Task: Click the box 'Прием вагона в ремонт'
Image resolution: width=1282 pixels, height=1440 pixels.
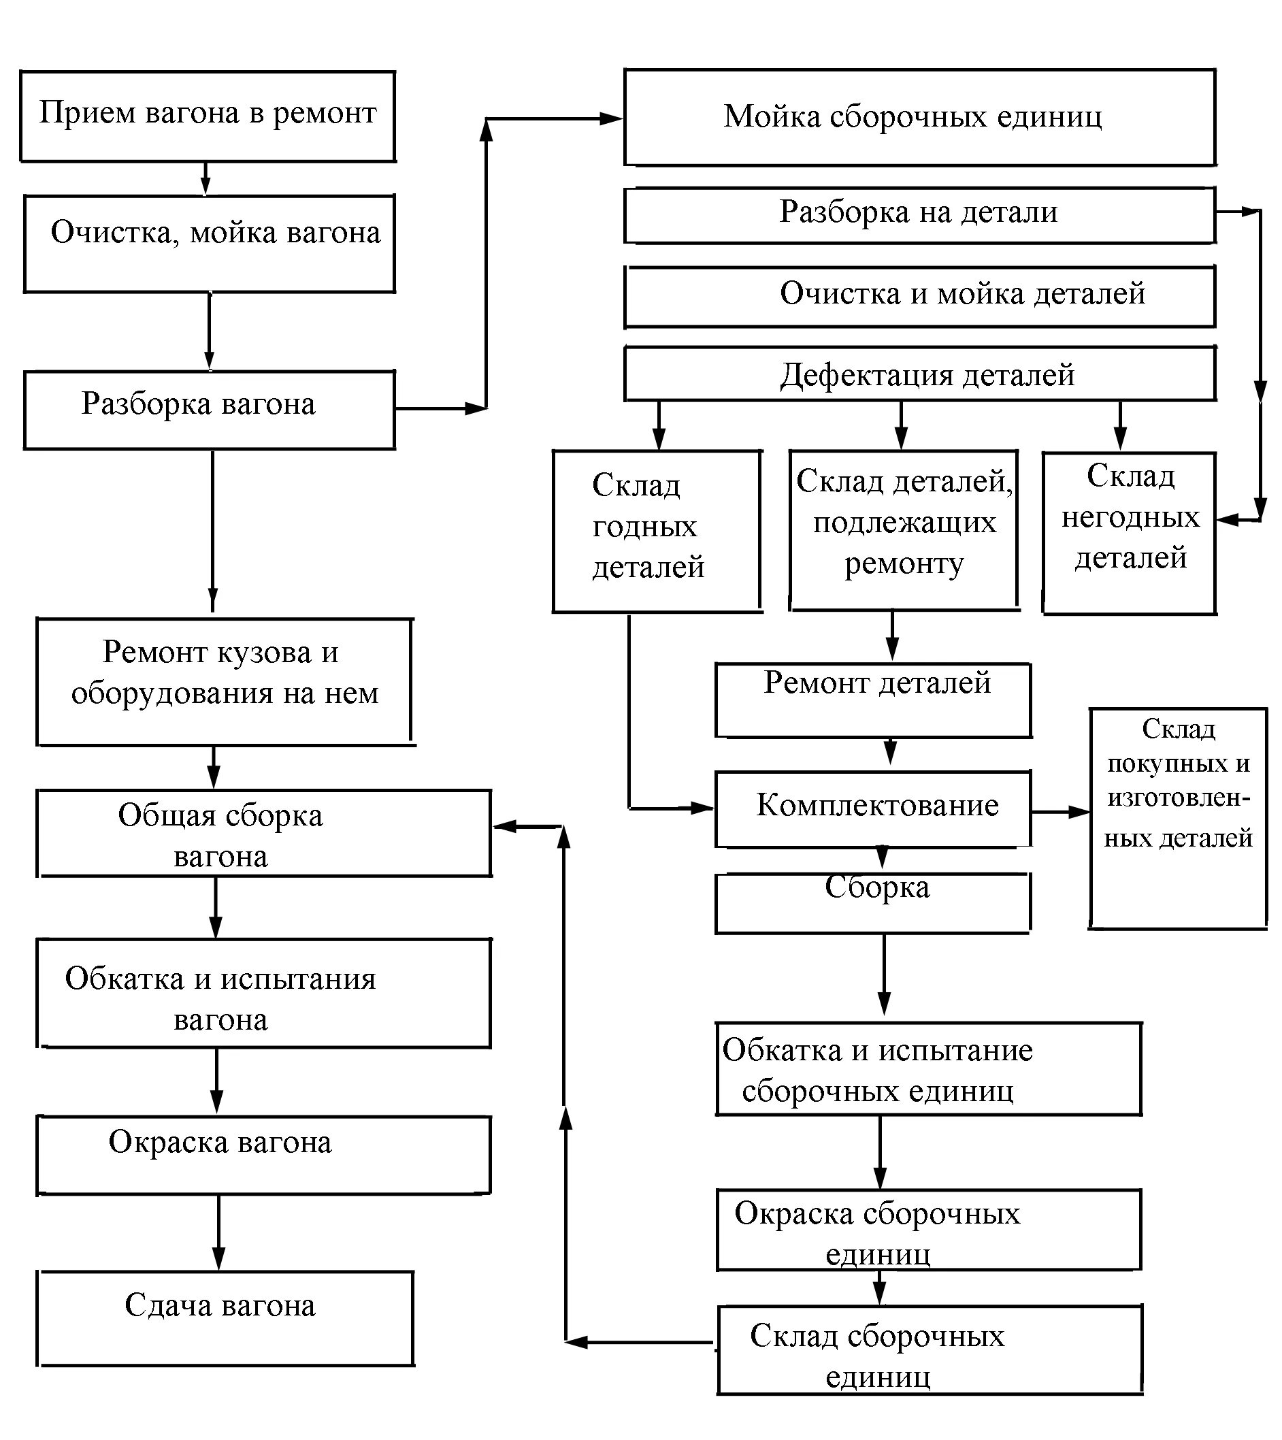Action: (x=207, y=116)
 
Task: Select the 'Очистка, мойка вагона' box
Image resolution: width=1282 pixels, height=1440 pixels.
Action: (x=209, y=244)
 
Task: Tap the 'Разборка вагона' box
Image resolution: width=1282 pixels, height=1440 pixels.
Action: (x=209, y=410)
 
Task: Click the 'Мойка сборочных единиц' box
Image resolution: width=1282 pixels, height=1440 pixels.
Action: (x=919, y=118)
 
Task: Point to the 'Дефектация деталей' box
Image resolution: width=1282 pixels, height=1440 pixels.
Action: (x=919, y=374)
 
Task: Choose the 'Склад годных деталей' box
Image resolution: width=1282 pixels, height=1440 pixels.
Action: (x=656, y=531)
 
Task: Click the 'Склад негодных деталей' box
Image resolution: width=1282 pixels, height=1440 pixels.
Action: (x=1129, y=534)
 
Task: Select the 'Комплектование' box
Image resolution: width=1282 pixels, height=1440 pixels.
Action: (x=873, y=808)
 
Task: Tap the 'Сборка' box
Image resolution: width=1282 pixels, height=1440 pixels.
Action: (x=873, y=903)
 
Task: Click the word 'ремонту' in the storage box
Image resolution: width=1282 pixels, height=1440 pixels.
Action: (x=904, y=564)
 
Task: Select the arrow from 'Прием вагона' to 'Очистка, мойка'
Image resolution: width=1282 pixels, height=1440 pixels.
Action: (x=205, y=178)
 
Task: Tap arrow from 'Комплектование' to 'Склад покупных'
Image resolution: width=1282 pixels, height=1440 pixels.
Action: (x=1061, y=812)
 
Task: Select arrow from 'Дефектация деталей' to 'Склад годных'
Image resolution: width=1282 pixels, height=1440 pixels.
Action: (x=658, y=425)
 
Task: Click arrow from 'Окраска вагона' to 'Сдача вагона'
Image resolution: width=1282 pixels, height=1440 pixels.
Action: (x=218, y=1232)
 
